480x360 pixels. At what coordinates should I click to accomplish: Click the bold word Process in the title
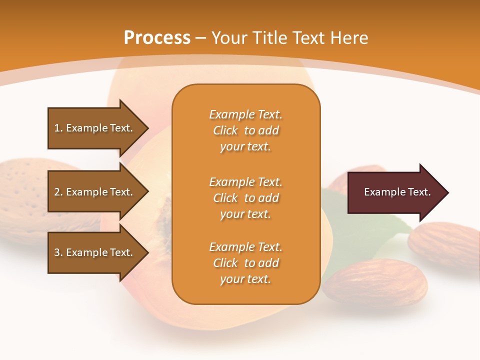click(x=157, y=37)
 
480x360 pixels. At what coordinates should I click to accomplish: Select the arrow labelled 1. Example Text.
click(x=95, y=128)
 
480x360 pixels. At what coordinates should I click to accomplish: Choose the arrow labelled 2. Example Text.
click(x=95, y=192)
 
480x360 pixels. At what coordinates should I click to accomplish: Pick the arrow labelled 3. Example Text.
click(x=95, y=252)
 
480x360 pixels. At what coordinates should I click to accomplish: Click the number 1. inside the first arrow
click(x=58, y=128)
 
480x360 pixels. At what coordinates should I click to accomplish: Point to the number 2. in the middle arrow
click(x=58, y=192)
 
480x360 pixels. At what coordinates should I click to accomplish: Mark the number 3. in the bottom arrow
click(x=58, y=252)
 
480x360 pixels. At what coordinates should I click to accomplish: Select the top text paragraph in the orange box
click(x=245, y=130)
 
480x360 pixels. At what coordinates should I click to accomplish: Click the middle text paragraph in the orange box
click(x=245, y=198)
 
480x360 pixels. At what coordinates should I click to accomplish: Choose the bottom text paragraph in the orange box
click(x=245, y=263)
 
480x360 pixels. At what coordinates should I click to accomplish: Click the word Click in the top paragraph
click(x=225, y=130)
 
